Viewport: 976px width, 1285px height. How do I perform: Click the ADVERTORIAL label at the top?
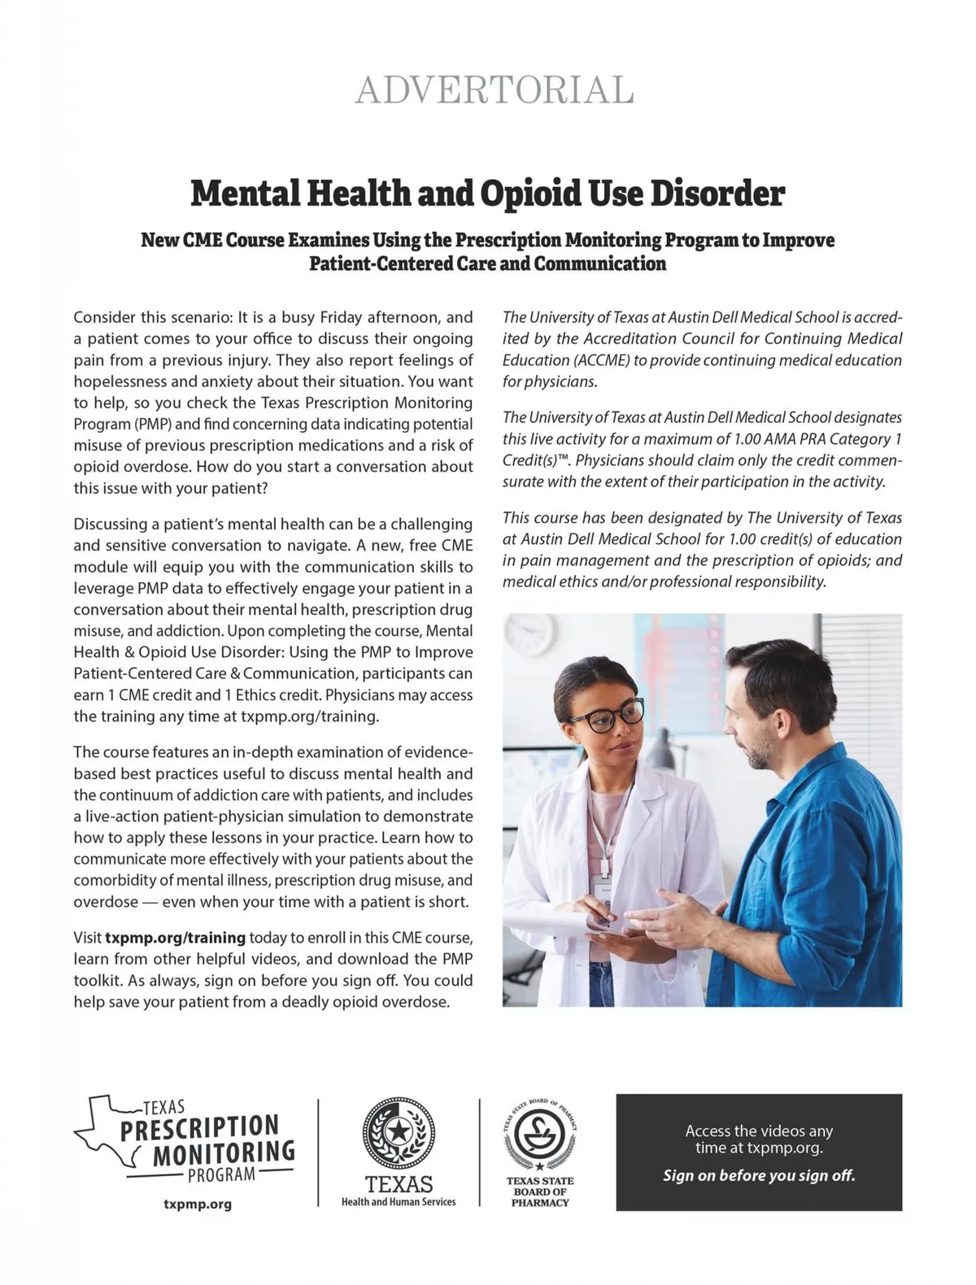(495, 90)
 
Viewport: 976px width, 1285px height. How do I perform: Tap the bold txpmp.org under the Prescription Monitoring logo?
(198, 1204)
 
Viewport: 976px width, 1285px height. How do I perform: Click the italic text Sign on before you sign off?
(759, 1175)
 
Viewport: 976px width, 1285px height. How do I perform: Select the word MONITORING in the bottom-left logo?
(224, 1152)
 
